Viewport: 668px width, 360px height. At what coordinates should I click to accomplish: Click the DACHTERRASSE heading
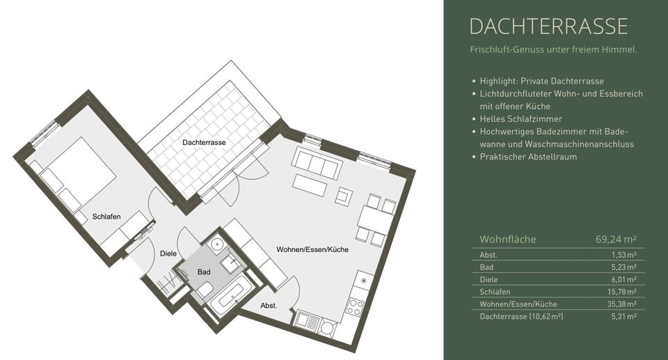pyautogui.click(x=548, y=26)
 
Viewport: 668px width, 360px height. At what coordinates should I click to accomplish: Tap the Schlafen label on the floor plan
pyautogui.click(x=106, y=217)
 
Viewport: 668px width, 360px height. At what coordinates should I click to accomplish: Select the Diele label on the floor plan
pyautogui.click(x=168, y=253)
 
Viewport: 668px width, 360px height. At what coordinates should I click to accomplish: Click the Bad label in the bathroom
pyautogui.click(x=203, y=272)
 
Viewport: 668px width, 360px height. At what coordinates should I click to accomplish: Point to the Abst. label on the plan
pyautogui.click(x=269, y=306)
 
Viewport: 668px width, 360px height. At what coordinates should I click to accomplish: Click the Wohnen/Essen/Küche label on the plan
pyautogui.click(x=312, y=249)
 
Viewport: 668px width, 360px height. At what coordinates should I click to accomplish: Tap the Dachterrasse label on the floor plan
pyautogui.click(x=204, y=142)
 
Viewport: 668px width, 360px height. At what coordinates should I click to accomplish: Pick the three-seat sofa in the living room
pyautogui.click(x=317, y=164)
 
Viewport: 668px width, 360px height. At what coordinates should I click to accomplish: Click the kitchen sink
pyautogui.click(x=308, y=321)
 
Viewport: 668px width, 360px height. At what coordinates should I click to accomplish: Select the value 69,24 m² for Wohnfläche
pyautogui.click(x=615, y=240)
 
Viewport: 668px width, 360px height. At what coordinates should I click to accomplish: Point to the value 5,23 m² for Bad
pyautogui.click(x=623, y=267)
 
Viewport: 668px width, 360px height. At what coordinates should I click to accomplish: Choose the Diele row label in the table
pyautogui.click(x=488, y=279)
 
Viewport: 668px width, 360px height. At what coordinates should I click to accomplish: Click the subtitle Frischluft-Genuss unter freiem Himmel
pyautogui.click(x=553, y=50)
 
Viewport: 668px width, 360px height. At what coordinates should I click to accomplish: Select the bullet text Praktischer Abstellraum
pyautogui.click(x=528, y=157)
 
